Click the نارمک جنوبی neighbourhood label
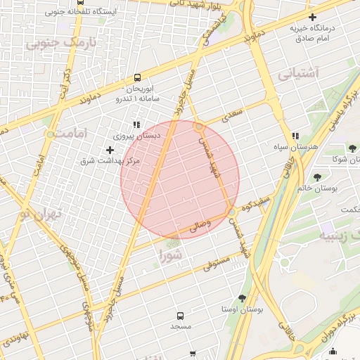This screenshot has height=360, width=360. (61, 42)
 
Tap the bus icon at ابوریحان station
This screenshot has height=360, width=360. (138, 78)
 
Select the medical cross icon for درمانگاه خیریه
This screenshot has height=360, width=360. (312, 17)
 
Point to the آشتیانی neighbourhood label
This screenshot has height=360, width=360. (298, 72)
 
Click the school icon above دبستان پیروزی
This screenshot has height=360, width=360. (136, 124)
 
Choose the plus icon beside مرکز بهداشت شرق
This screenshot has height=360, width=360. (110, 150)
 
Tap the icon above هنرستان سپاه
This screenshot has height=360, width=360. (295, 136)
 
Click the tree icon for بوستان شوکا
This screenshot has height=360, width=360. (352, 148)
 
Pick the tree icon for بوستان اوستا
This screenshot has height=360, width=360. (243, 298)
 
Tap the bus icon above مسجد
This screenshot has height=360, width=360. (180, 316)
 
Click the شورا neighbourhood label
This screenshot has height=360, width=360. (171, 255)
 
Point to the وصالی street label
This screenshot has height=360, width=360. (199, 227)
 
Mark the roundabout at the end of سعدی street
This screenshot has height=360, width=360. (200, 127)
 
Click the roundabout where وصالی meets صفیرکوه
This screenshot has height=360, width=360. (231, 211)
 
